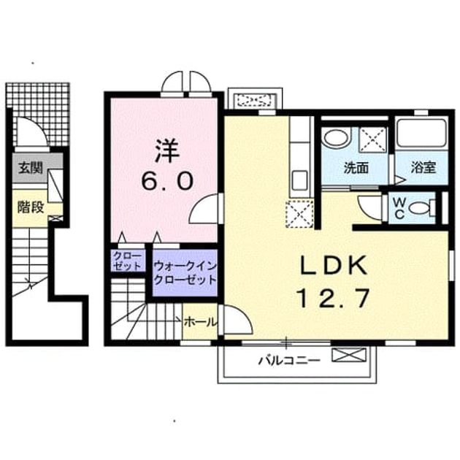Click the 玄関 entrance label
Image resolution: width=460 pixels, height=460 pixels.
click(x=31, y=169)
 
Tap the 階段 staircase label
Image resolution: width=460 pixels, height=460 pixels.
click(x=31, y=207)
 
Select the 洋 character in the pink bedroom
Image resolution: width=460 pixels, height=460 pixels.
click(x=167, y=151)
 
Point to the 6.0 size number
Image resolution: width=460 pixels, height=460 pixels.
click(x=167, y=181)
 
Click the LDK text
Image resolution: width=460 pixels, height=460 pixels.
click(x=333, y=265)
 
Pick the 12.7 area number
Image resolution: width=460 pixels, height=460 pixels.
click(x=333, y=297)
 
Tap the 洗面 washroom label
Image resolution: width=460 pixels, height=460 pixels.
click(x=356, y=168)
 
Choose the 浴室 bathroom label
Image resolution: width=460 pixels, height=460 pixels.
click(x=423, y=167)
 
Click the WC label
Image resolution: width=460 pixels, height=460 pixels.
click(x=399, y=208)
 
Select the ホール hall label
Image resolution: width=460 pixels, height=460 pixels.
click(x=200, y=322)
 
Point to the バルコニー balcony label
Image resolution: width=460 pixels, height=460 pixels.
click(x=288, y=360)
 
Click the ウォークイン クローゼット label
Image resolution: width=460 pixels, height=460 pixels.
click(x=185, y=272)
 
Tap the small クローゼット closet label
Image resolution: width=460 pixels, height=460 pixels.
click(x=128, y=261)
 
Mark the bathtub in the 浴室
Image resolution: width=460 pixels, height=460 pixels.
click(x=421, y=134)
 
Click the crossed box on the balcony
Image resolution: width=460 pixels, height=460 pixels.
click(x=349, y=355)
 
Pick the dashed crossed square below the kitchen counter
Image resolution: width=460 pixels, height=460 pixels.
click(x=299, y=214)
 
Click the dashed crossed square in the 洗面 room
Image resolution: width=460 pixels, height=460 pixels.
click(x=372, y=139)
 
